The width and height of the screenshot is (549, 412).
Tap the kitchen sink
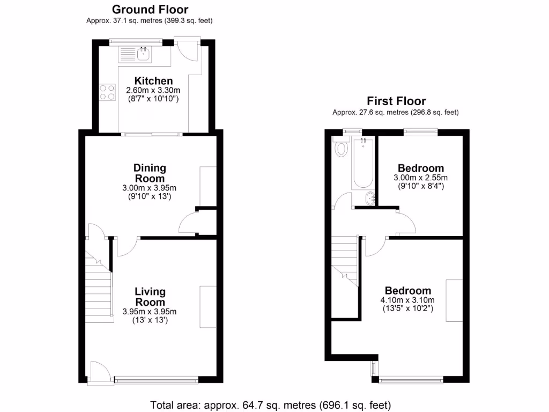tap(143, 53)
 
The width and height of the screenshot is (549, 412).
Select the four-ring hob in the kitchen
tap(107, 92)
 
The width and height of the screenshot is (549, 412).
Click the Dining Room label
tap(150, 173)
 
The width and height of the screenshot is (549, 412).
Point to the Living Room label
tap(150, 297)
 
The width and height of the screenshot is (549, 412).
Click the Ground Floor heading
tap(150, 9)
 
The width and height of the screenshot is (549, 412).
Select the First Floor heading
tap(396, 101)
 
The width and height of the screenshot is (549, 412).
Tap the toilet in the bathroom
tap(340, 147)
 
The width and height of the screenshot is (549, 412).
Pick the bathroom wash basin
tap(370, 199)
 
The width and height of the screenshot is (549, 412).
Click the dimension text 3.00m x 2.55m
tap(420, 178)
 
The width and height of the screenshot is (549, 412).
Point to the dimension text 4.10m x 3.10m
tap(408, 300)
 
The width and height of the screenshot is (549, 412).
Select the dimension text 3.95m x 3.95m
tap(150, 312)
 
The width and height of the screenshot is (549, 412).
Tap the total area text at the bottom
tap(271, 404)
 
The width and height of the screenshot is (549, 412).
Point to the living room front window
tap(157, 380)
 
